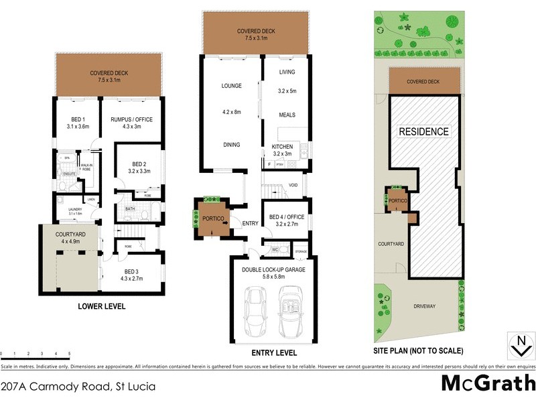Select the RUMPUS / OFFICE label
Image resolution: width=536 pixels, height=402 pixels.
click(x=131, y=119)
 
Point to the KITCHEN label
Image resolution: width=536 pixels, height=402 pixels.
click(x=282, y=146)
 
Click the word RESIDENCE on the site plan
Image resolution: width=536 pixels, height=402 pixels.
click(x=423, y=131)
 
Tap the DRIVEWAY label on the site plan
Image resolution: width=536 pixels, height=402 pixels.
click(x=423, y=306)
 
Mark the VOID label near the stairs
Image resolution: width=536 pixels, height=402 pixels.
click(x=292, y=186)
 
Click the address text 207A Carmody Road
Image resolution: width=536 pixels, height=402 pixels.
click(x=78, y=386)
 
